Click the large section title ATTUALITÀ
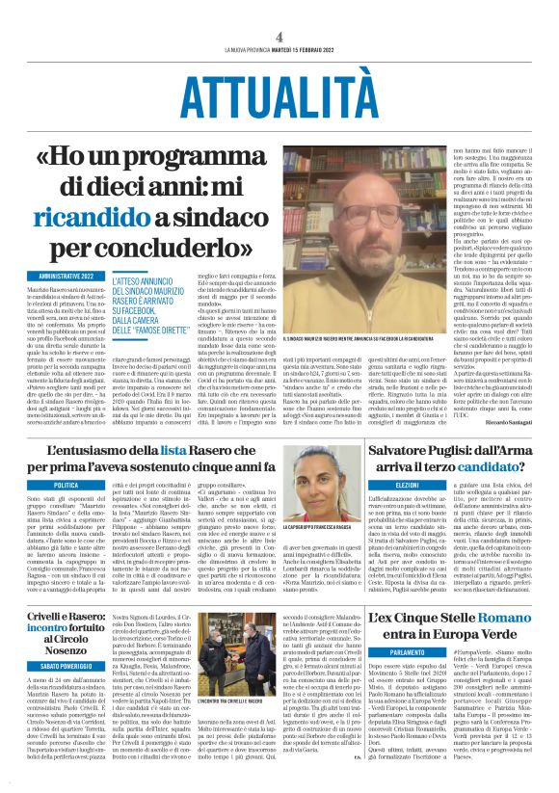point(279,93)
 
